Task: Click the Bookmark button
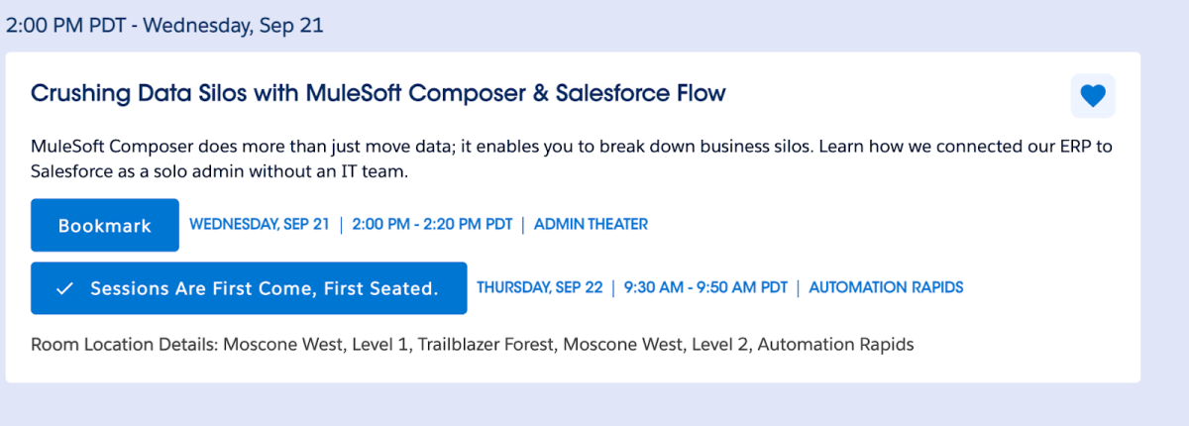pyautogui.click(x=105, y=225)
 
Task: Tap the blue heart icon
pyautogui.click(x=1093, y=96)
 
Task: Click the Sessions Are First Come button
pyautogui.click(x=249, y=288)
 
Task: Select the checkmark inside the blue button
pyautogui.click(x=65, y=288)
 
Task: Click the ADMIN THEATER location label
pyautogui.click(x=591, y=225)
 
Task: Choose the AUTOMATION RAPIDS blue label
pyautogui.click(x=886, y=288)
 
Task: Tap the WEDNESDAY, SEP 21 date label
pyautogui.click(x=260, y=225)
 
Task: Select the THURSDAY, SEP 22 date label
pyautogui.click(x=540, y=288)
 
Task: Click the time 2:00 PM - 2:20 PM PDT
pyautogui.click(x=432, y=225)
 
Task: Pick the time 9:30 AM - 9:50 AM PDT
pyautogui.click(x=705, y=288)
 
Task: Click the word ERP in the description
pyautogui.click(x=1054, y=147)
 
